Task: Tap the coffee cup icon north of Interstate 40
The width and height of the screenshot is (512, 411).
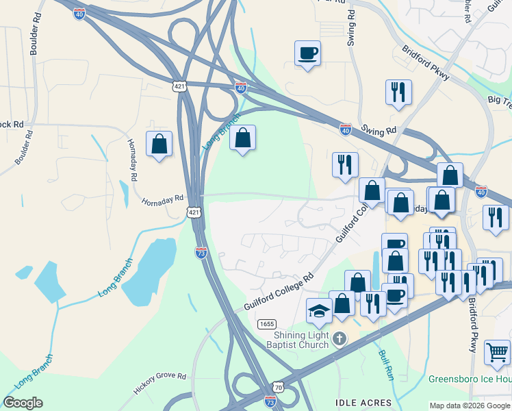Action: pyautogui.click(x=307, y=53)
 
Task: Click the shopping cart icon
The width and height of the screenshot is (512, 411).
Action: pyautogui.click(x=497, y=352)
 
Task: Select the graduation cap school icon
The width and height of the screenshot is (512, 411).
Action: pyautogui.click(x=319, y=310)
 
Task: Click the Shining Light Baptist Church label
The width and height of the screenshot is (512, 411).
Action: pyautogui.click(x=301, y=339)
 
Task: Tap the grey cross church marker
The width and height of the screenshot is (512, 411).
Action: pyautogui.click(x=339, y=338)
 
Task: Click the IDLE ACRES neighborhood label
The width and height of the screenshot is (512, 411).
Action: pyautogui.click(x=363, y=402)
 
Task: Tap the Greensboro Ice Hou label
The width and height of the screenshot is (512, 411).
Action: pyautogui.click(x=470, y=379)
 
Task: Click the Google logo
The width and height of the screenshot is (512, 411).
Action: pyautogui.click(x=23, y=403)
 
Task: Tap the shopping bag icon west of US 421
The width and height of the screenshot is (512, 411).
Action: pyautogui.click(x=159, y=144)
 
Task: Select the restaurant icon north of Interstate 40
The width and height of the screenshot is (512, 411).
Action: pyautogui.click(x=398, y=92)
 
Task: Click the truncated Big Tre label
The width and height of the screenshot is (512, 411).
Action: pyautogui.click(x=499, y=100)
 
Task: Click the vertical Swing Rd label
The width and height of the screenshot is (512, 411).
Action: pyautogui.click(x=351, y=27)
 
